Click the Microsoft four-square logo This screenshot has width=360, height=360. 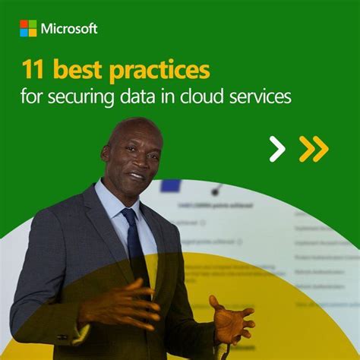(x=28, y=29)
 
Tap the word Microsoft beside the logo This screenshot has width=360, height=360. (x=69, y=29)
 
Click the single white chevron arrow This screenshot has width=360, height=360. (x=277, y=149)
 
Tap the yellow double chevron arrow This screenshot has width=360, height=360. (x=313, y=149)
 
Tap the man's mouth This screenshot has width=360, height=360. (x=138, y=176)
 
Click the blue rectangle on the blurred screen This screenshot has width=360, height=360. (x=170, y=185)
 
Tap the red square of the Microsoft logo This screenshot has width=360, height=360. (x=24, y=24)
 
